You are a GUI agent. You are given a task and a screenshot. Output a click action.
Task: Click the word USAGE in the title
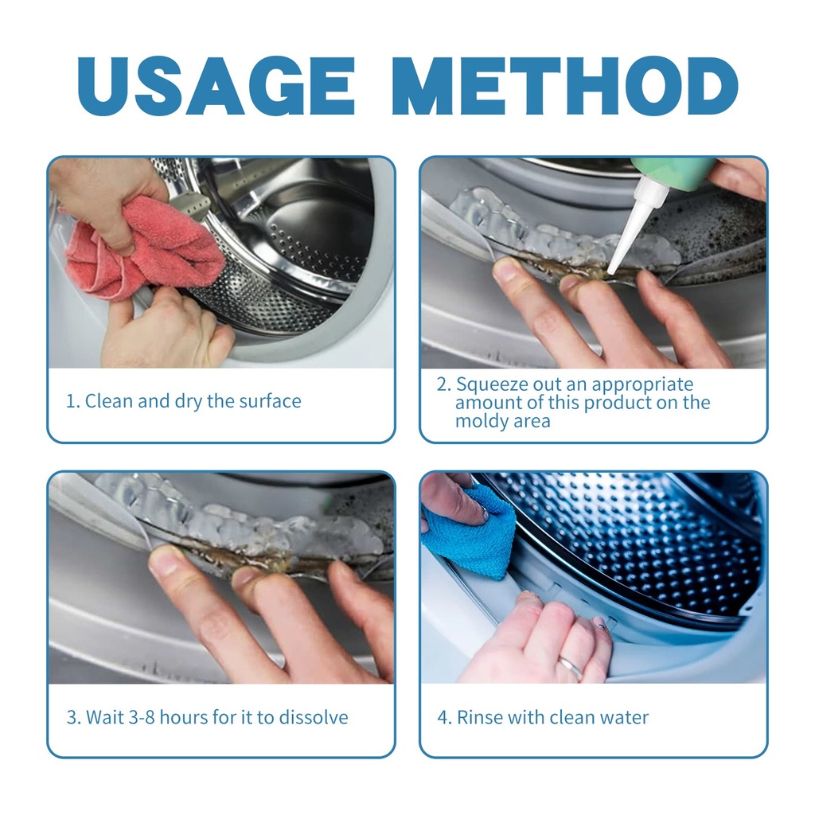216,85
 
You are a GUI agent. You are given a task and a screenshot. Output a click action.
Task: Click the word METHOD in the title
569,85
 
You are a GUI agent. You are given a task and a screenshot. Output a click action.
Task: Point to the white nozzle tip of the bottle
612,270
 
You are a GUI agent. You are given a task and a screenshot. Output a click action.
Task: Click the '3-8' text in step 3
142,718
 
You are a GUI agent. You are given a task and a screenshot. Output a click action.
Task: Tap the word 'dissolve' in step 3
314,717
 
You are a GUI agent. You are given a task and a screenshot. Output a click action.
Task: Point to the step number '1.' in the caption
72,402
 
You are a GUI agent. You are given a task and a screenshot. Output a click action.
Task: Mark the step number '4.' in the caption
444,718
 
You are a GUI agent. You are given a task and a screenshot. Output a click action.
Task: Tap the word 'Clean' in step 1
109,401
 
